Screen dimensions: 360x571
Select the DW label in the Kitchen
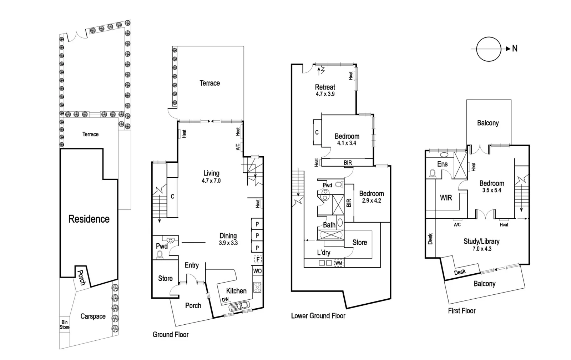click(225, 300)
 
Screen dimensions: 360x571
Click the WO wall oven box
click(257, 271)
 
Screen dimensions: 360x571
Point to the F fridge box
click(257, 259)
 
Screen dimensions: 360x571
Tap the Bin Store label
click(65, 325)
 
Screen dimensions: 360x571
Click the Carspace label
click(93, 316)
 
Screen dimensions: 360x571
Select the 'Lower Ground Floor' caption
click(318, 316)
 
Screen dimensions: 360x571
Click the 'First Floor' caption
click(461, 311)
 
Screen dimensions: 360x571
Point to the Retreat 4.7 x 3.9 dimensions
click(325, 94)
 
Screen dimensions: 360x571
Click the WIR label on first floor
click(446, 198)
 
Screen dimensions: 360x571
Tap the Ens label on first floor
click(442, 164)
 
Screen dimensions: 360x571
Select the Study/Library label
click(481, 242)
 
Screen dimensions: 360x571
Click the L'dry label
click(324, 253)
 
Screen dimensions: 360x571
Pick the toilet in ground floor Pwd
click(160, 254)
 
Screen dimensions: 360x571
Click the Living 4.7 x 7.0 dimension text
click(211, 181)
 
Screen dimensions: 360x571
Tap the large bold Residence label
click(89, 219)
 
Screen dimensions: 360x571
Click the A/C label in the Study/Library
click(457, 225)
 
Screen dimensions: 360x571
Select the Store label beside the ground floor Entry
click(165, 278)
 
